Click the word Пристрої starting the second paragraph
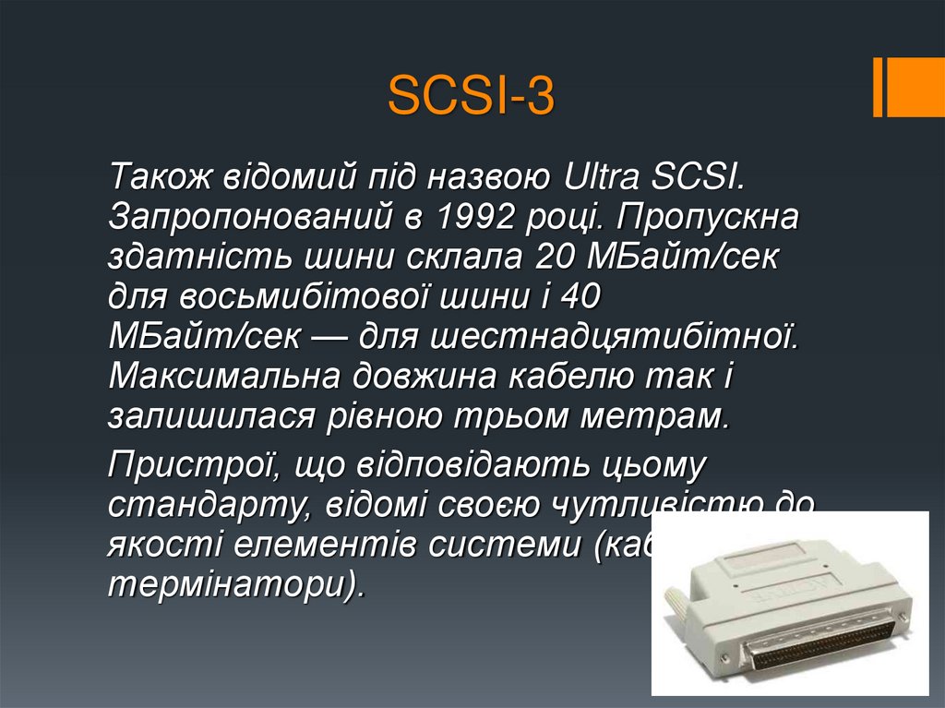point(195,463)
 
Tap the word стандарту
point(193,504)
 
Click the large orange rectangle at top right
point(918,87)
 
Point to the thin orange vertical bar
point(878,87)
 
